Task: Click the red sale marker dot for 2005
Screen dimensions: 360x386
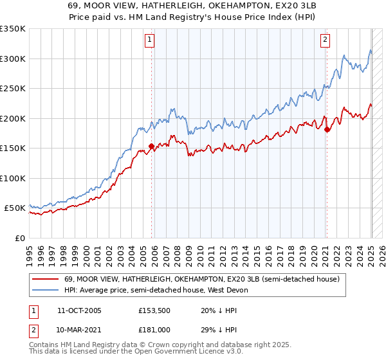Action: pyautogui.click(x=152, y=146)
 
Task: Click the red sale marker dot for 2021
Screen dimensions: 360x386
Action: pyautogui.click(x=327, y=129)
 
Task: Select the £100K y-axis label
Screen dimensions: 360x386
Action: pyautogui.click(x=13, y=178)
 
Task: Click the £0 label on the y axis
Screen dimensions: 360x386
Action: pyautogui.click(x=19, y=238)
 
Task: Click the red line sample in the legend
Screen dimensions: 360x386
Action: pyautogui.click(x=45, y=279)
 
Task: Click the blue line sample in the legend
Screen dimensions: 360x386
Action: pyautogui.click(x=45, y=290)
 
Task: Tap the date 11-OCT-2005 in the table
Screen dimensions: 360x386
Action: pyautogui.click(x=79, y=310)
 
